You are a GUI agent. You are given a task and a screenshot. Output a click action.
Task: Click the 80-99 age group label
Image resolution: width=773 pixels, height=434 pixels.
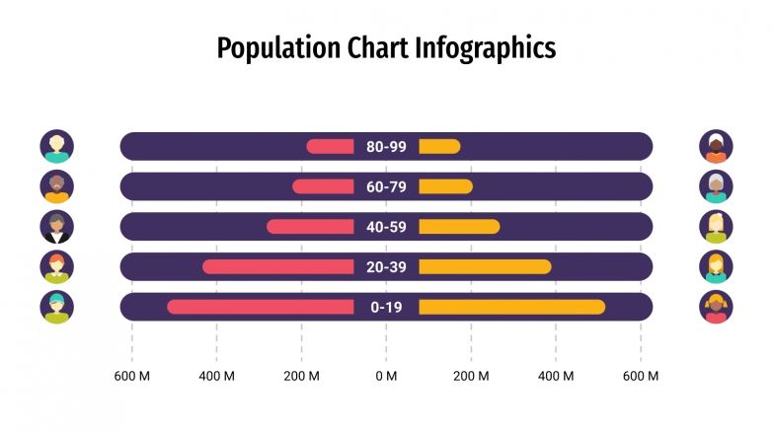click(x=386, y=147)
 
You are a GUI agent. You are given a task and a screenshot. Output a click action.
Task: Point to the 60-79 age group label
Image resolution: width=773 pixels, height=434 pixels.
click(x=386, y=186)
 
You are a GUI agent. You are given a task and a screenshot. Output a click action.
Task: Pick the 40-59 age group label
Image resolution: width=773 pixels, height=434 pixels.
click(x=386, y=227)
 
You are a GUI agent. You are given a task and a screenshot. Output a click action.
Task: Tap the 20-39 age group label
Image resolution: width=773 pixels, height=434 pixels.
click(x=386, y=266)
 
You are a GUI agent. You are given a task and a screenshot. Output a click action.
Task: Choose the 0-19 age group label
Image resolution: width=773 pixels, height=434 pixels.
click(x=386, y=307)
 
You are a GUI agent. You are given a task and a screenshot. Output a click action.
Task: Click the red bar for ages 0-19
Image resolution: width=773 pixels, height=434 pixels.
click(x=261, y=307)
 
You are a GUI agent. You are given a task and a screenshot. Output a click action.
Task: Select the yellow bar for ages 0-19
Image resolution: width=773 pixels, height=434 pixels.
click(x=511, y=307)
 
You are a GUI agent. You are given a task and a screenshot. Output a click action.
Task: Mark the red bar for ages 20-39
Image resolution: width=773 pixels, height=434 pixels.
click(x=278, y=266)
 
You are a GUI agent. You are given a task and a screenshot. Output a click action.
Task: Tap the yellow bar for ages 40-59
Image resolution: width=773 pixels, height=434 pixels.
click(x=459, y=227)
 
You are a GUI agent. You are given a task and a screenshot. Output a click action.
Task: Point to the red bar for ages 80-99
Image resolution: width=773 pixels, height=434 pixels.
click(x=330, y=147)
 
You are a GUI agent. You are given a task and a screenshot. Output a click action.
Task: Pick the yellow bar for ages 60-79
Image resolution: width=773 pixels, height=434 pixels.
click(x=445, y=186)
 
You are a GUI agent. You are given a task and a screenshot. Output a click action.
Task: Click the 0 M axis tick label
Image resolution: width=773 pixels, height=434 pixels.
click(x=386, y=376)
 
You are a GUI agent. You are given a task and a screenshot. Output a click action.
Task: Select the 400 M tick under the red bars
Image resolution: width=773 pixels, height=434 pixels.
click(x=216, y=376)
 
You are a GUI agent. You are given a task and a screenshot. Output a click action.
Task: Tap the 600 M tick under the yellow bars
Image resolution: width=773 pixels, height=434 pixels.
click(x=641, y=376)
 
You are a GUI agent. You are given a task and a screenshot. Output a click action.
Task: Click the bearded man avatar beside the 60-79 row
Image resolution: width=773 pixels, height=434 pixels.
click(x=57, y=186)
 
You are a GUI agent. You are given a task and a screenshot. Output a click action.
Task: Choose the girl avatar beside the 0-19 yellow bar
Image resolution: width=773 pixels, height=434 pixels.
click(x=717, y=307)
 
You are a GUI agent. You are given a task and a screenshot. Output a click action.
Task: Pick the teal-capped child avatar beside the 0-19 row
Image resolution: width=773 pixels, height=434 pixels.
click(x=57, y=307)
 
